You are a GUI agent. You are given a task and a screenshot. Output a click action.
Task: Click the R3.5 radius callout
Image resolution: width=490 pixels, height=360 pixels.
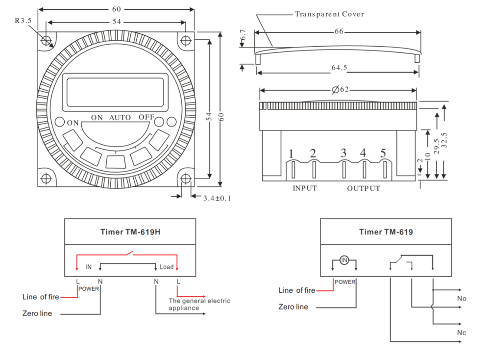click(x=23, y=21)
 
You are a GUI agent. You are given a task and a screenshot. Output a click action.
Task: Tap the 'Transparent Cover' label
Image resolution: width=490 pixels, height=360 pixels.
click(x=329, y=14)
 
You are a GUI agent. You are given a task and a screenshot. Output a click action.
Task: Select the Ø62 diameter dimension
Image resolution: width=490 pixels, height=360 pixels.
click(x=340, y=90)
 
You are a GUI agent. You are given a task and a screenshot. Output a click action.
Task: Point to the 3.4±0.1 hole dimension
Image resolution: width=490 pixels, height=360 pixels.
click(x=217, y=198)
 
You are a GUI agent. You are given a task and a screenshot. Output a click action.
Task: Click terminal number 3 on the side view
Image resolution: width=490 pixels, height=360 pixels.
click(x=343, y=153)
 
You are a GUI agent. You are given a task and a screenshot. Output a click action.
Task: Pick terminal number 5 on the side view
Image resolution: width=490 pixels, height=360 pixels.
click(x=383, y=153)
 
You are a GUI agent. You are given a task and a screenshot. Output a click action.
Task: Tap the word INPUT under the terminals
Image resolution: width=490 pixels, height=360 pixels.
click(x=305, y=188)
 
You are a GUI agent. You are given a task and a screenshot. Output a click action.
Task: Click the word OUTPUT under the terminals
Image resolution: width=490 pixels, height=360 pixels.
click(x=364, y=188)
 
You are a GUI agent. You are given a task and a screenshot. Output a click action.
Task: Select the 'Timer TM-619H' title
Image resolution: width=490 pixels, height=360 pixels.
click(x=130, y=232)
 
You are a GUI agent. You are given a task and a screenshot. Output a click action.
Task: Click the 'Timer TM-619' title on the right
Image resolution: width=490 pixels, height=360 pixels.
click(x=386, y=232)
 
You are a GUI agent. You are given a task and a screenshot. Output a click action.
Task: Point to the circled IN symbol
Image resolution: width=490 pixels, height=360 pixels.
click(x=344, y=260)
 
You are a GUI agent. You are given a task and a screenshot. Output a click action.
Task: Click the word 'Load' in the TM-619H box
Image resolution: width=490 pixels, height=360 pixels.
click(x=167, y=267)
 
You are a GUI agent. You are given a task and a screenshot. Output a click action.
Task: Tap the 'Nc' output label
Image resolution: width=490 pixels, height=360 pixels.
click(x=462, y=334)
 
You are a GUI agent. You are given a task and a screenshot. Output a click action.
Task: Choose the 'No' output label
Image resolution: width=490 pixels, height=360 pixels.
click(x=462, y=299)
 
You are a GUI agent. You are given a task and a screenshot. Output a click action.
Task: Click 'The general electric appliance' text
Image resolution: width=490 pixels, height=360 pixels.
click(x=199, y=304)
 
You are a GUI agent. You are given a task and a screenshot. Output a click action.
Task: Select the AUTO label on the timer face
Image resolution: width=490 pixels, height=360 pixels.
click(x=120, y=118)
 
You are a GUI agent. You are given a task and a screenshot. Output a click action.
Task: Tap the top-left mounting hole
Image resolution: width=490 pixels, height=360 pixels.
click(x=47, y=40)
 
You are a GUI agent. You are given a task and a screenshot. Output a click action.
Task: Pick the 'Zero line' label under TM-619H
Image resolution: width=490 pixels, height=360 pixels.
click(x=37, y=313)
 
